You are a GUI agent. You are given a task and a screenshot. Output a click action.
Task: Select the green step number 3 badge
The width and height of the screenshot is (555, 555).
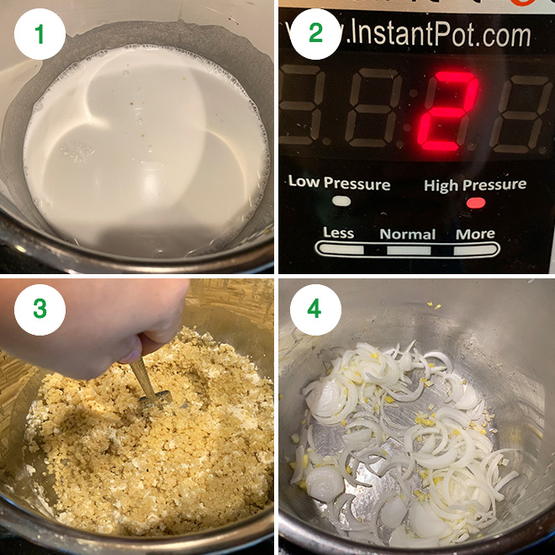point(40,309)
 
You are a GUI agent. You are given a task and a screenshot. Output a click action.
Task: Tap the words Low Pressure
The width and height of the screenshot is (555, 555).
point(339,182)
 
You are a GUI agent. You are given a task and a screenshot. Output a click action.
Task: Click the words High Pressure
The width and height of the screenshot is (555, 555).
point(475,184)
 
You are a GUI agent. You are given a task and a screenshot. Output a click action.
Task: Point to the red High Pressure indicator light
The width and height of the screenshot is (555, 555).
point(476,203)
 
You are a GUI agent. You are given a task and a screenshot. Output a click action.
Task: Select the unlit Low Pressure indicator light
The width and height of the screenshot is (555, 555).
point(341,201)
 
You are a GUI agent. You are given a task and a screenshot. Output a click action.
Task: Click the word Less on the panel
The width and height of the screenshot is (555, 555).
point(338,233)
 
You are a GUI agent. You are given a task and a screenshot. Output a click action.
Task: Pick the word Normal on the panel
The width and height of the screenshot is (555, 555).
point(408,234)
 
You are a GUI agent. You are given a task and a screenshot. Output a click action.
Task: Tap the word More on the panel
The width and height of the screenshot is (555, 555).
point(475,233)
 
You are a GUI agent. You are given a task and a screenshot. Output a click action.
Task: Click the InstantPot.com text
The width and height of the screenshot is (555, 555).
point(423,34)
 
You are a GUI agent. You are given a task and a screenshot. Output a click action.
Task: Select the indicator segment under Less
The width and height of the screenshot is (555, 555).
point(340,249)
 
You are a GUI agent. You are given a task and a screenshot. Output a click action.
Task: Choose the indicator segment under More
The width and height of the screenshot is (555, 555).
point(475,249)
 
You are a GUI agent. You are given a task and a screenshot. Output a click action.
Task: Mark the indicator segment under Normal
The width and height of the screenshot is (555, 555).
point(408,249)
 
